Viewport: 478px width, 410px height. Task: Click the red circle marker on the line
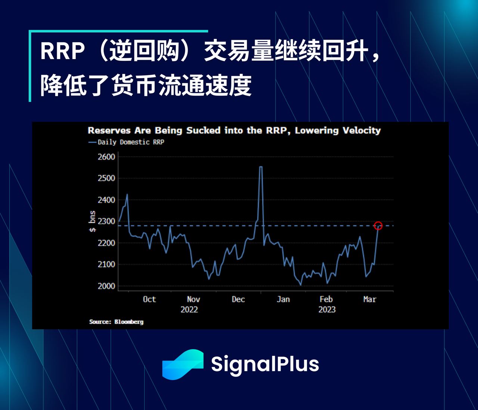378,226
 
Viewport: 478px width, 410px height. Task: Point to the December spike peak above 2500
261,167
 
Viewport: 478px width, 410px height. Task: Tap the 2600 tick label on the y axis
106,157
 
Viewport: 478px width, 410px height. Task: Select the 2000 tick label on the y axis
106,286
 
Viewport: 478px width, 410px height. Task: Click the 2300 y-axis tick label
106,221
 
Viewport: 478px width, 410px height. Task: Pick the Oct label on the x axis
149,299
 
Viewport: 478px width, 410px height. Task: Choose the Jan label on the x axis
283,299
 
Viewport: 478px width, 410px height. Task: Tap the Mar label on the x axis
370,299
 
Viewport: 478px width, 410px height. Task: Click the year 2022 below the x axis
189,310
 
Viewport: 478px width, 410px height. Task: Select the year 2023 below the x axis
327,310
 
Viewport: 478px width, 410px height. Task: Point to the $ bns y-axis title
92,221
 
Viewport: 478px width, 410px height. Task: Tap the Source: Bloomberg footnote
116,322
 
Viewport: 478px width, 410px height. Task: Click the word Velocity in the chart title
361,130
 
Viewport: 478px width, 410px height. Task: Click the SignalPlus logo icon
183,364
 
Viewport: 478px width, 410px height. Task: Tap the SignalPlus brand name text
265,364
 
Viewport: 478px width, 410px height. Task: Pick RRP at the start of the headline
62,51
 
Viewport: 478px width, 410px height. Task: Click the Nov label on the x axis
193,299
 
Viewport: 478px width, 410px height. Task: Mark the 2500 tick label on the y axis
106,178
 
